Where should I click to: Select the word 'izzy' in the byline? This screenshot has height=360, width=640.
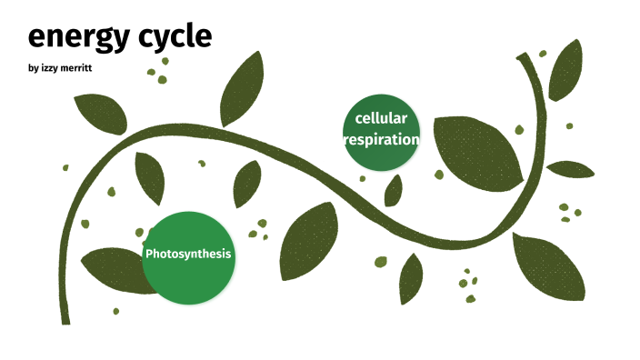pos(50,69)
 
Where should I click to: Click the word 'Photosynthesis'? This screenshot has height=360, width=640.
pos(188,254)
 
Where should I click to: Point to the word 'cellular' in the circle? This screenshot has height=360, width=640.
pos(381,118)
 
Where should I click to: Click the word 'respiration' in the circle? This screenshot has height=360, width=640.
pos(381,140)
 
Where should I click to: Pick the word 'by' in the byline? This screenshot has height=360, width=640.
pos(33,69)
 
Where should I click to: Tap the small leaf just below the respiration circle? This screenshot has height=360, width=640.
pos(393,191)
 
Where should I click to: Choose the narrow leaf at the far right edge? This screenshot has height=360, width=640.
pos(570,169)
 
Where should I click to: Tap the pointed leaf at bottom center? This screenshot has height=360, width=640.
pos(411,277)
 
